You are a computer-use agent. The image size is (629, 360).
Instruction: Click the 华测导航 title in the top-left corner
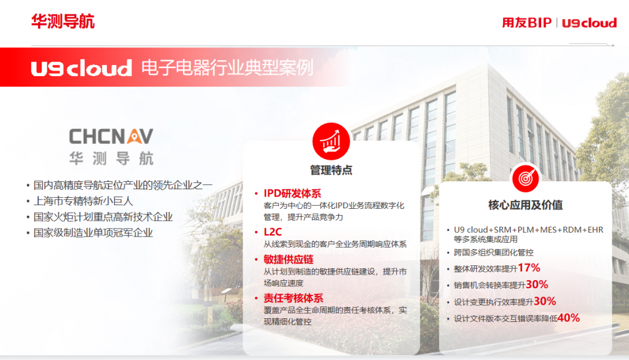coord(63,22)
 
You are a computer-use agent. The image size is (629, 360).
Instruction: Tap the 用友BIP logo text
coord(526,23)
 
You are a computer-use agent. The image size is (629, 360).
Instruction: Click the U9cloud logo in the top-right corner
coord(589,23)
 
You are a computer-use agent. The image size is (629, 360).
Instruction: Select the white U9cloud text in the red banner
coord(82,68)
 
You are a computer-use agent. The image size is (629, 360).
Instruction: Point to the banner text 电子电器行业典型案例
coord(227,68)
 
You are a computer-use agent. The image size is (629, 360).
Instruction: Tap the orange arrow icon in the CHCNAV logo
coord(133,136)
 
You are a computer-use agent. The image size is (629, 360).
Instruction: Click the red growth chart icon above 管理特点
coord(331,141)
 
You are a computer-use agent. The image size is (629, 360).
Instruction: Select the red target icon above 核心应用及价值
coord(526,178)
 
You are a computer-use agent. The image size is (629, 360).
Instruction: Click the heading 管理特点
coord(331,170)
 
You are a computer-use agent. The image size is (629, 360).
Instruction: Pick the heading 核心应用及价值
coord(526,205)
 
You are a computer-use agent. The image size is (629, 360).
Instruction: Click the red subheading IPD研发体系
coord(292,194)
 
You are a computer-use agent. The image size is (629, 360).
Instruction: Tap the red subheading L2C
coord(272,232)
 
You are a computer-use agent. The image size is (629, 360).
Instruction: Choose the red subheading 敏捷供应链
coord(289,259)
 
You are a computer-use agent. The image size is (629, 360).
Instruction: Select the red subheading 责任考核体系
coord(293,298)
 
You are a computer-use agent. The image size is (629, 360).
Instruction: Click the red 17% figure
coord(529,268)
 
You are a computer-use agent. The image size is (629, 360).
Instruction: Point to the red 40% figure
coord(568,318)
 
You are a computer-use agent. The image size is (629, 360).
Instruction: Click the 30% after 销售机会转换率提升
coord(537,284)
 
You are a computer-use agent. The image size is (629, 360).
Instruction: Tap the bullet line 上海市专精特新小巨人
coord(83,201)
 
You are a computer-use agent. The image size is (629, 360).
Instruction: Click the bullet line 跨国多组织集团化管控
coord(493,252)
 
